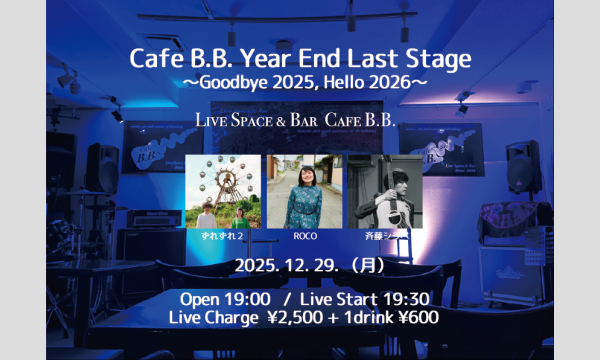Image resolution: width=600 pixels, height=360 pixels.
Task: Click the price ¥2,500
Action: point(314,319)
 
